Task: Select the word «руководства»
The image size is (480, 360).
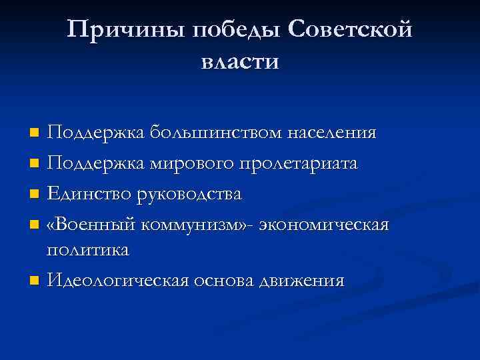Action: click(x=190, y=194)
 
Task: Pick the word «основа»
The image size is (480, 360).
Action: click(x=221, y=281)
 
